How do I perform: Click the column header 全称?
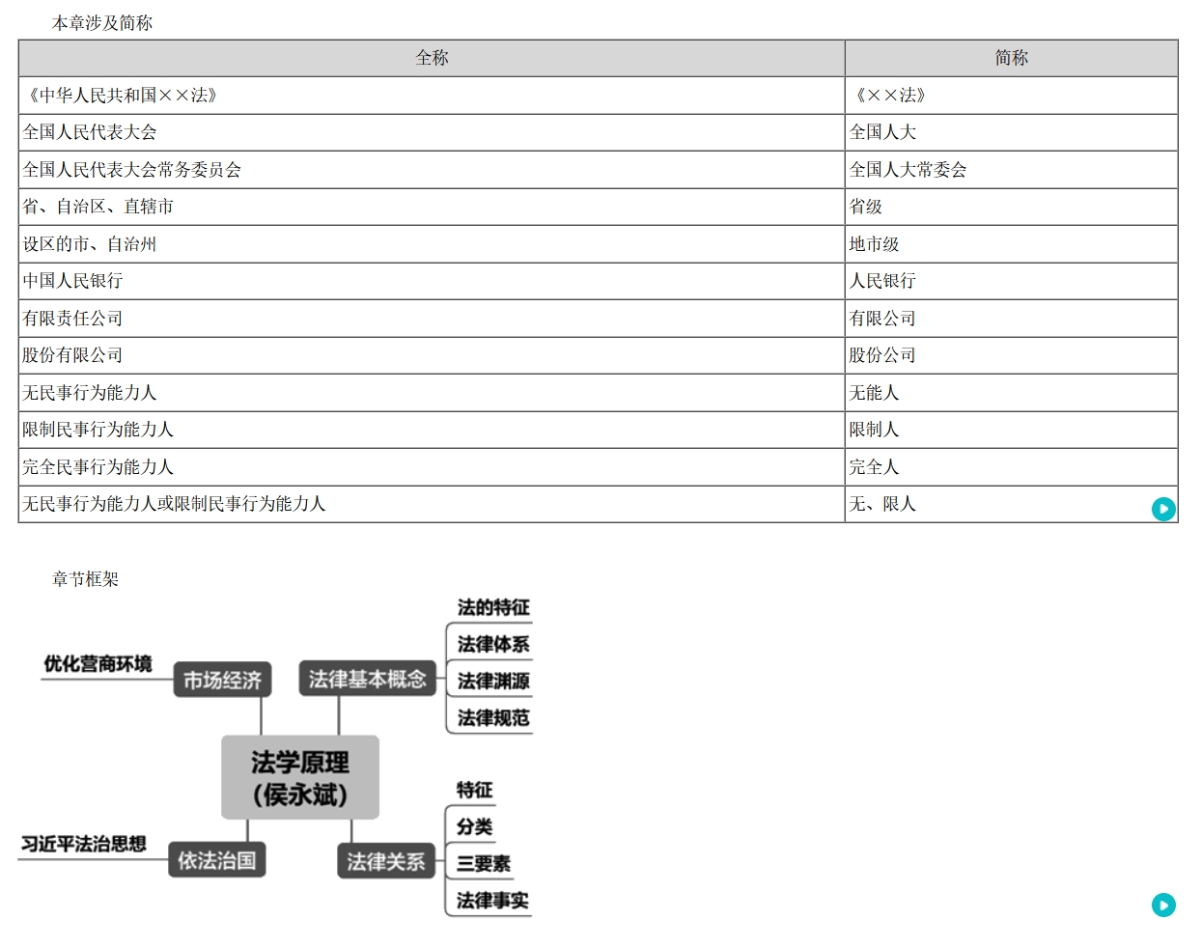coord(432,58)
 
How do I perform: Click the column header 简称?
coord(1011,58)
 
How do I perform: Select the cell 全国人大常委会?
coord(908,170)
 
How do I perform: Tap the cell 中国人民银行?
coord(73,281)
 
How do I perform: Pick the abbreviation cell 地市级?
coord(874,244)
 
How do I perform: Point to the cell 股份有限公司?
coord(73,355)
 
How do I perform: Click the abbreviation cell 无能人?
coord(874,393)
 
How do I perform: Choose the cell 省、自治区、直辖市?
coord(98,207)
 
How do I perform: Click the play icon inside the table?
coord(1163,509)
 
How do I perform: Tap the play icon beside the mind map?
coord(1163,905)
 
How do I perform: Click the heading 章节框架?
coord(85,579)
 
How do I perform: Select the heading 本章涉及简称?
coord(101,23)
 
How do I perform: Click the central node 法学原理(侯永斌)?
coord(300,778)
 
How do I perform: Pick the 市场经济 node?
coord(223,681)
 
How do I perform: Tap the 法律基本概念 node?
coord(367,680)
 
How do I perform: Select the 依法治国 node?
coord(217,860)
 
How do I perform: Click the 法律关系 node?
coord(385,861)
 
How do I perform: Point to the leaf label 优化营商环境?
coord(98,664)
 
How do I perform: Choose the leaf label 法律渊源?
coord(492,682)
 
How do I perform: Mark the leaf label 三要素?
coord(483,864)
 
